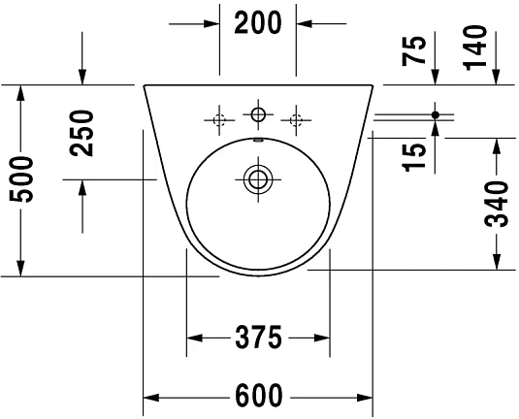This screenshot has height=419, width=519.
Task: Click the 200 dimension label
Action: point(258,21)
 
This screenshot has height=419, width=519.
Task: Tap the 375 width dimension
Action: point(257,338)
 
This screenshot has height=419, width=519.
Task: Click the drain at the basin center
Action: point(257,178)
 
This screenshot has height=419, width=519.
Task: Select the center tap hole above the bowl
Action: point(257,116)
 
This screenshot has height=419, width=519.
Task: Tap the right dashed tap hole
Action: point(296,120)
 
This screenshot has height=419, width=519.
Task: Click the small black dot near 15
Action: point(436,115)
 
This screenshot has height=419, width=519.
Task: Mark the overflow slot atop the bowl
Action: point(257,142)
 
